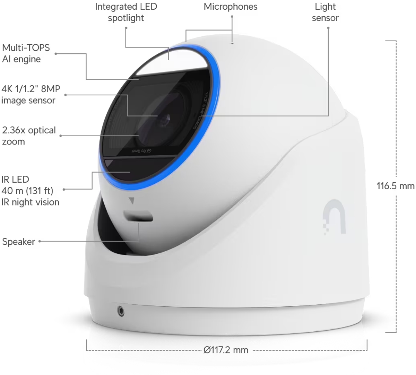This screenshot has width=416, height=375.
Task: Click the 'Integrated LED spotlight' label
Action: pos(126,12)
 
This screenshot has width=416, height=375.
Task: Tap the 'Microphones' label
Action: pos(231,7)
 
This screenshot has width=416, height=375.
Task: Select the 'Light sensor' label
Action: pos(325,12)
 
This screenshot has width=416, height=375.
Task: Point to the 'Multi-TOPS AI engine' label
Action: pos(26,53)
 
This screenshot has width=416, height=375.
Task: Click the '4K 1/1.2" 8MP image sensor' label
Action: pos(31,95)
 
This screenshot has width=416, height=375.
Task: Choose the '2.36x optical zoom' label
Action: pos(29,136)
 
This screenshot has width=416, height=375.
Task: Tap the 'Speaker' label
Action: pos(18,242)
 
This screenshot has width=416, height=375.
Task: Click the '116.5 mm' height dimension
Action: pos(395,186)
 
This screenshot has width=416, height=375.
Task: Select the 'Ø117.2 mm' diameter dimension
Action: pos(226,350)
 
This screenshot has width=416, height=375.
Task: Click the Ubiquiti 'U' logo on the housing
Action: pos(334,217)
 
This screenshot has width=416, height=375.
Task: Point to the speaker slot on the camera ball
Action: pos(138,216)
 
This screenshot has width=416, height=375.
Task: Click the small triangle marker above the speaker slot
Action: pos(131,200)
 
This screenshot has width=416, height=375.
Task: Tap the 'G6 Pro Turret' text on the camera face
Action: pos(142,151)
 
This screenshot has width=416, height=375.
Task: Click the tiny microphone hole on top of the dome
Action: pos(232,43)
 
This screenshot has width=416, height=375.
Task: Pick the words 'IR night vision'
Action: pos(30,202)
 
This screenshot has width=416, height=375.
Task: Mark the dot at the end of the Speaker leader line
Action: pos(40,241)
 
